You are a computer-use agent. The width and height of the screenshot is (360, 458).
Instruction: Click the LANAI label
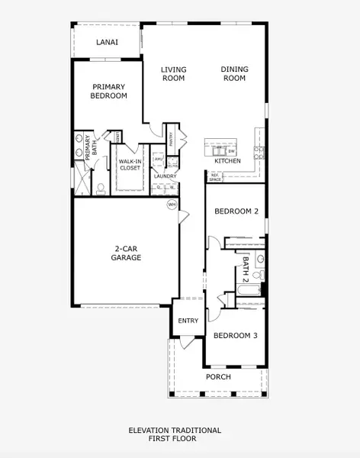(x=106, y=44)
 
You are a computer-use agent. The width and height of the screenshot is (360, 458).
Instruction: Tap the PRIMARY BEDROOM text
(x=109, y=92)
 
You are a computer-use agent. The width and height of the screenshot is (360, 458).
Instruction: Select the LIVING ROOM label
(x=173, y=73)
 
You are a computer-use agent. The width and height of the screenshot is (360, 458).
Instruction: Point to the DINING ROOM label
(x=234, y=73)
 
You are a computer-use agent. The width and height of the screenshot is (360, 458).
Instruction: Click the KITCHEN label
(x=227, y=161)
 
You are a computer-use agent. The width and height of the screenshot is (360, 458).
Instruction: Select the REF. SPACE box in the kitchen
(x=214, y=176)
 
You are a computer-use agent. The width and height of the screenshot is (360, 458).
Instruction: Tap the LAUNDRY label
(x=165, y=176)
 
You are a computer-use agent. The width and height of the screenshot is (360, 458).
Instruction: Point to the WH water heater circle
(x=172, y=205)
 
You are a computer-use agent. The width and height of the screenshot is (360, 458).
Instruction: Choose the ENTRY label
(x=188, y=321)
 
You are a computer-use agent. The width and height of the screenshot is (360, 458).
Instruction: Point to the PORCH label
(x=217, y=376)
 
